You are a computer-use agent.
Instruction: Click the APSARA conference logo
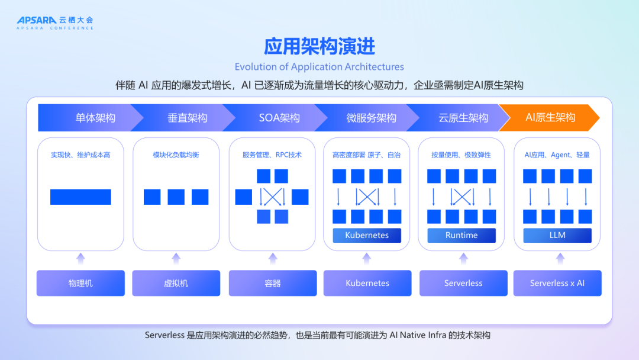(x=54, y=22)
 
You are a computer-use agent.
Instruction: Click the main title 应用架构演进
(x=319, y=46)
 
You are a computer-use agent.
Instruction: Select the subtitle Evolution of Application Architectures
(x=319, y=67)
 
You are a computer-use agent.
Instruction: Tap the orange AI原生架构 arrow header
(x=550, y=117)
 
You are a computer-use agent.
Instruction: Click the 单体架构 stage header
(x=95, y=117)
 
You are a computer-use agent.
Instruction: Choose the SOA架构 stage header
(x=279, y=117)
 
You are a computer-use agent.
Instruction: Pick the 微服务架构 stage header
(x=371, y=117)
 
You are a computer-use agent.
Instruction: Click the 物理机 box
(x=80, y=283)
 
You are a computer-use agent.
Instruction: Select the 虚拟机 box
(x=176, y=283)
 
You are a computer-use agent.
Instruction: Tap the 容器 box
(x=273, y=283)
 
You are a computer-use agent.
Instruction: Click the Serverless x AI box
(x=557, y=283)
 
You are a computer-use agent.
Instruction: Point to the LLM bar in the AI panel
(x=557, y=235)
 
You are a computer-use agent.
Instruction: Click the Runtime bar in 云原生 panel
(x=461, y=235)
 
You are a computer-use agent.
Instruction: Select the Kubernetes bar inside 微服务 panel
(x=367, y=235)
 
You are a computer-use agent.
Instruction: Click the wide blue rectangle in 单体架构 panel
(x=80, y=197)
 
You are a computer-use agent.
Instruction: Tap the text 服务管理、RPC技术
(x=272, y=155)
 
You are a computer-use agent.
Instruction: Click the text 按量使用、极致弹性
(x=461, y=155)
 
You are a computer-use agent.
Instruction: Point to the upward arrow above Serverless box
(x=463, y=258)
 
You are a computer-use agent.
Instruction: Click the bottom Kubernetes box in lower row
(x=367, y=283)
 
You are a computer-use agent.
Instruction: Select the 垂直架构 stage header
(x=187, y=117)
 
